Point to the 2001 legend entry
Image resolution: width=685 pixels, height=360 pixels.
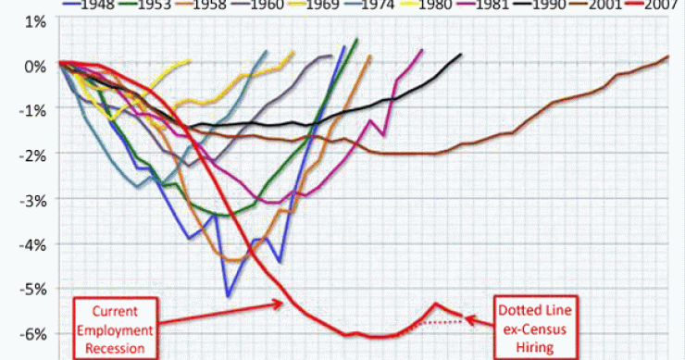(x=618, y=6)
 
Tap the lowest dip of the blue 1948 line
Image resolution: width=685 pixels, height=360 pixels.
(x=228, y=296)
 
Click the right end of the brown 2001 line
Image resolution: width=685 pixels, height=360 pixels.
(x=667, y=56)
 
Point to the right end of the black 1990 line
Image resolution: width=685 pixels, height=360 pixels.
(x=461, y=55)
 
